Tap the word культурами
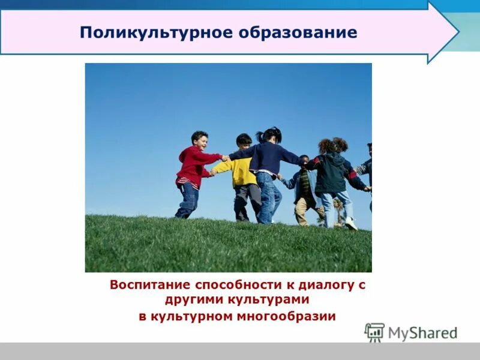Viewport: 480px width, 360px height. pyautogui.click(x=271, y=299)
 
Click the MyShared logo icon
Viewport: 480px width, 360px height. pyautogui.click(x=374, y=332)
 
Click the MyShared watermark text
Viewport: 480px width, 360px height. pyautogui.click(x=422, y=333)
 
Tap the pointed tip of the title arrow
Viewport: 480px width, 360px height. pyautogui.click(x=457, y=32)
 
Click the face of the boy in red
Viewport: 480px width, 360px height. pyautogui.click(x=200, y=142)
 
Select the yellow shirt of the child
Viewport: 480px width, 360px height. pyautogui.click(x=242, y=172)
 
